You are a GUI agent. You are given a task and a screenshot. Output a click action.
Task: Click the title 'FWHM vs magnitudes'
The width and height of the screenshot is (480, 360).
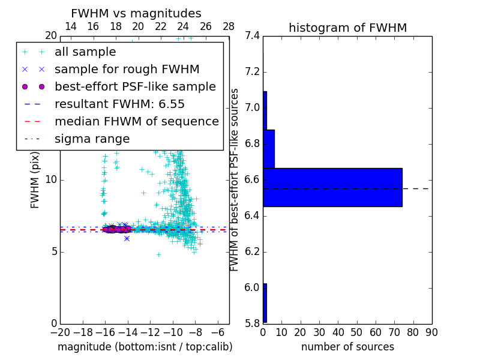pos(136,13)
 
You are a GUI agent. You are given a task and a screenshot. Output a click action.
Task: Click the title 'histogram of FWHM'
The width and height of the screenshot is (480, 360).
pos(347,28)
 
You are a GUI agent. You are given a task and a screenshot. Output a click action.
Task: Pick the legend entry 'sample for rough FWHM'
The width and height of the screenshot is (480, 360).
pos(127,70)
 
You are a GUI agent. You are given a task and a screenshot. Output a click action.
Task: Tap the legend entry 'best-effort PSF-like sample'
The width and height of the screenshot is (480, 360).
pos(135,86)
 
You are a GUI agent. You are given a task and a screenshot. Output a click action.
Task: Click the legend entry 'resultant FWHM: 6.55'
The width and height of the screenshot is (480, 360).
pos(119,104)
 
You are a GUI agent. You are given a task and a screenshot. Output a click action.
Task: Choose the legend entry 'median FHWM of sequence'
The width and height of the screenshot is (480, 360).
pos(136,121)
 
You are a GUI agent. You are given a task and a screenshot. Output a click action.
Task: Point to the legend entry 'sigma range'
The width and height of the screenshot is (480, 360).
pos(92,139)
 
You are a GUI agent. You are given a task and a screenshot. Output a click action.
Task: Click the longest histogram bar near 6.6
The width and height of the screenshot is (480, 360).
pos(332,187)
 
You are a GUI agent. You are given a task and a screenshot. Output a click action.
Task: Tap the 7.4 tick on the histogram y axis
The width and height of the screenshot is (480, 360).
pos(253,36)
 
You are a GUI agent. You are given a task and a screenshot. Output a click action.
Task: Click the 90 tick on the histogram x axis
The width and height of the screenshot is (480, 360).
pos(431,332)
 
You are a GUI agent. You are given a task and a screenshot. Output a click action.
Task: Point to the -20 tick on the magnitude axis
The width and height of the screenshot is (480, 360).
pos(60,332)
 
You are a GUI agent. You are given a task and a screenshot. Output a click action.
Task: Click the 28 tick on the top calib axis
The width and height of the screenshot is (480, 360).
pos(229,26)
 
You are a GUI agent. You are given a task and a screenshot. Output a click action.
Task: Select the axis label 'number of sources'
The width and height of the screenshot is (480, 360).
pos(347,347)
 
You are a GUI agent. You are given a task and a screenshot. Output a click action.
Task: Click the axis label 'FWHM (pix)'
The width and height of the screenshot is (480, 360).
pos(35,179)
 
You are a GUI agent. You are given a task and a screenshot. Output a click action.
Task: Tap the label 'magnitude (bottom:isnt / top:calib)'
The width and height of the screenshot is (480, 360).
pos(145,347)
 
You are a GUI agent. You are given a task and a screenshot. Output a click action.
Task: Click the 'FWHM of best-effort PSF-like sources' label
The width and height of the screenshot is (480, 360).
pos(235,179)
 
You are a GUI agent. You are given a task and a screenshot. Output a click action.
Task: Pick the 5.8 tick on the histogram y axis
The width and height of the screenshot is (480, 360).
pos(253,323)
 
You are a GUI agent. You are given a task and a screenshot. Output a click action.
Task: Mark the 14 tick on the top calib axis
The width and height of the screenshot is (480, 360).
pos(70,26)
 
